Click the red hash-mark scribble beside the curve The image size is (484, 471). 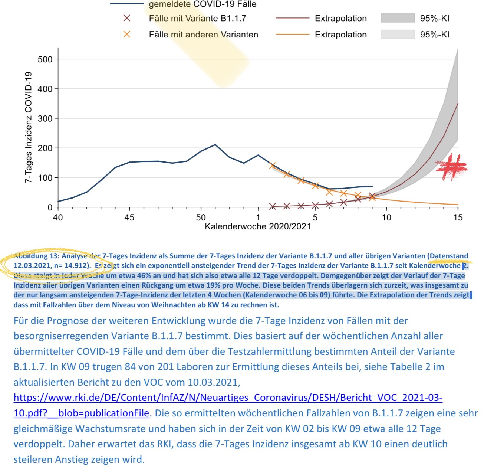451,167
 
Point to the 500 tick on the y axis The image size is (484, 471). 45,59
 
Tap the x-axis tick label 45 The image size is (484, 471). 129,217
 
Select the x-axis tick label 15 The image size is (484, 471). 458,217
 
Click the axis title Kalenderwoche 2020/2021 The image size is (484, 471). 258,226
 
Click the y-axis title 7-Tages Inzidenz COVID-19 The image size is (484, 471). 28,127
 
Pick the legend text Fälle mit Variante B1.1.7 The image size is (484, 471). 197,19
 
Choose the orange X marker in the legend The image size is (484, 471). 127,35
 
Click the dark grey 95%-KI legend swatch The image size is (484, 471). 397,18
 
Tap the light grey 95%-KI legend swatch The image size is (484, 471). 397,35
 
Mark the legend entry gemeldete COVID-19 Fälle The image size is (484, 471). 202,4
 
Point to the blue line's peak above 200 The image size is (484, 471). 215,145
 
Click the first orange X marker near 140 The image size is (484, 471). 272,165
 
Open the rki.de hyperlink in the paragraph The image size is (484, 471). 228,398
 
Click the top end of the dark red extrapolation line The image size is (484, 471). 458,104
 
